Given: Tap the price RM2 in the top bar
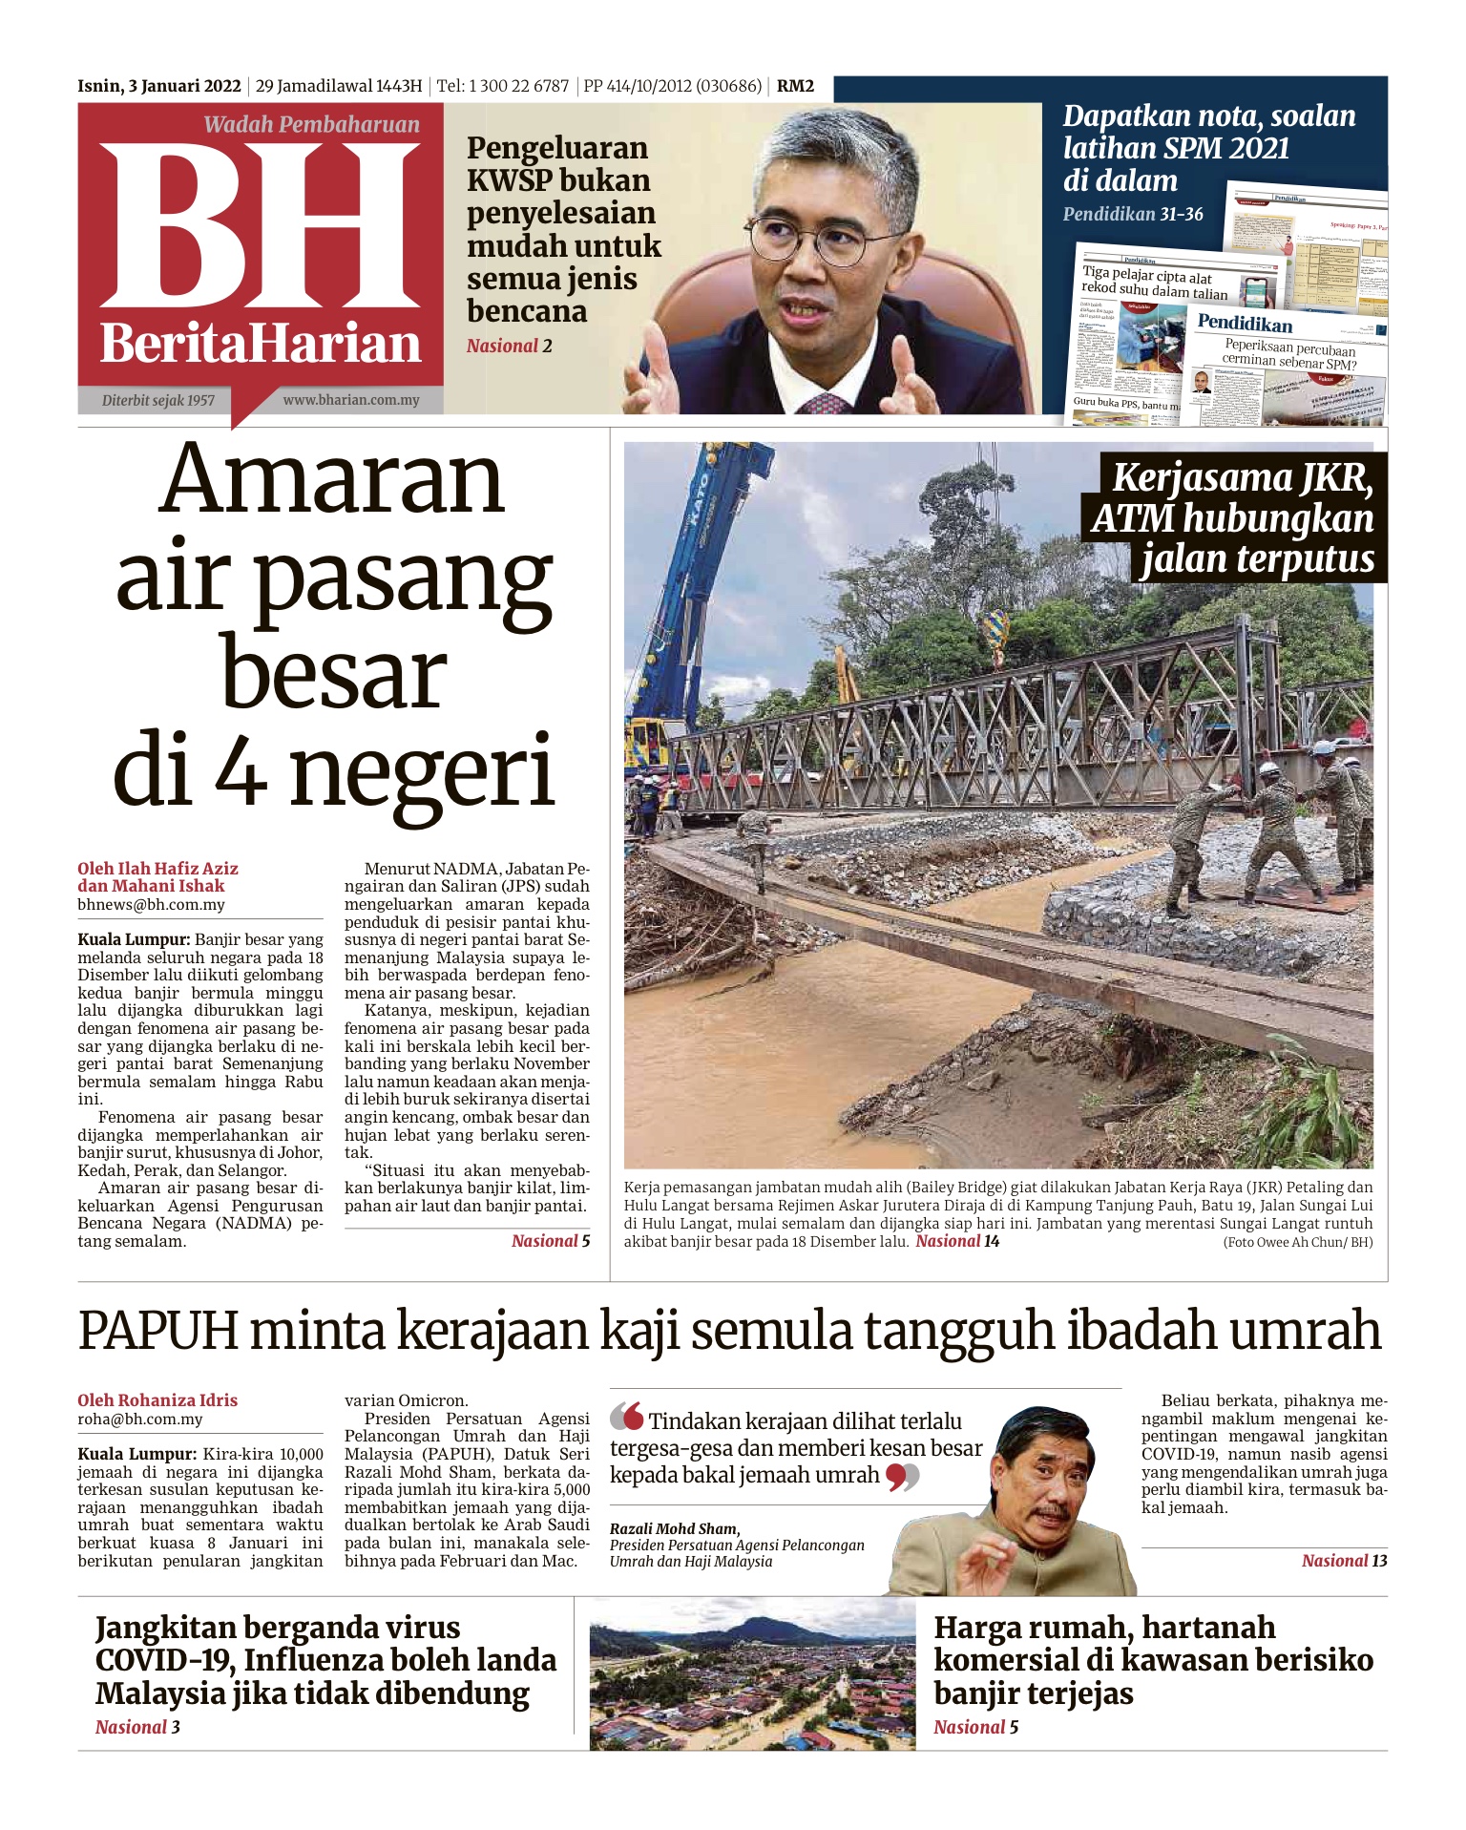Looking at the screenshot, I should [x=795, y=86].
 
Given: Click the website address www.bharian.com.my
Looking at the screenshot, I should [x=350, y=400].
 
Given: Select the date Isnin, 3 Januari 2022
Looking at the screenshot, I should [x=159, y=86].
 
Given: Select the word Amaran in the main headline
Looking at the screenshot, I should [x=332, y=480].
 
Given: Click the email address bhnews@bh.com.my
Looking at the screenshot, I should [x=151, y=904].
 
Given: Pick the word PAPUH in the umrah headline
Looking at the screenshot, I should [x=157, y=1330].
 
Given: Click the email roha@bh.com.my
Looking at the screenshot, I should [x=139, y=1419].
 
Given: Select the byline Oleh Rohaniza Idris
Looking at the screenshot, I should [x=157, y=1400].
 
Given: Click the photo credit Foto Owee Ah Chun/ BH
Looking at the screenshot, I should [x=1297, y=1242].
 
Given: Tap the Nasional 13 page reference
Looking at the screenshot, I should [x=1344, y=1561].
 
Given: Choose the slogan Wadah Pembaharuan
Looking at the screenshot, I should [x=311, y=125].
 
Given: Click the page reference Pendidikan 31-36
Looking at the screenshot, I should [x=1133, y=214].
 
